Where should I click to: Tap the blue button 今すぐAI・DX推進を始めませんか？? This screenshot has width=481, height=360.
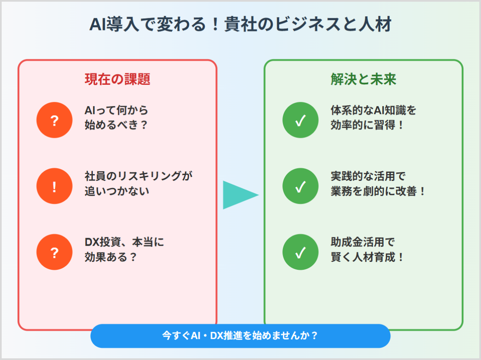tap(241, 336)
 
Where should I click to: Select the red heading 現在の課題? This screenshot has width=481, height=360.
tap(117, 79)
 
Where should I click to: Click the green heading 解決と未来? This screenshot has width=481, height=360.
tap(364, 79)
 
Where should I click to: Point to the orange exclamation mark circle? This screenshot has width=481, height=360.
tap(55, 186)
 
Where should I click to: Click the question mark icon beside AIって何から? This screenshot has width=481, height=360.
tap(55, 120)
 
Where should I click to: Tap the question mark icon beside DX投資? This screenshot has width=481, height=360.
tap(55, 252)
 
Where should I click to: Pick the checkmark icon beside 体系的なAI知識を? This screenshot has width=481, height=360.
tap(300, 120)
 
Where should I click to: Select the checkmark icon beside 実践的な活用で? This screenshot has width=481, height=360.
tap(300, 186)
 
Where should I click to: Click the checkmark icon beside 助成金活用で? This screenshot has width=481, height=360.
tap(300, 252)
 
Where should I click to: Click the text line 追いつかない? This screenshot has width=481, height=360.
tap(117, 191)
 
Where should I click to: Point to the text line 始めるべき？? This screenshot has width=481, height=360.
tap(116, 125)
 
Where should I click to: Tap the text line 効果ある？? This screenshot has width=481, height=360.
tap(111, 257)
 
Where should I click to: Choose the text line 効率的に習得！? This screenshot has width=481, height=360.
tap(367, 125)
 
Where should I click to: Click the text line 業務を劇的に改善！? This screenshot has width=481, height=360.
tap(378, 191)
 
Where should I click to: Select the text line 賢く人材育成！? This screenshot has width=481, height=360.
tap(367, 257)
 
